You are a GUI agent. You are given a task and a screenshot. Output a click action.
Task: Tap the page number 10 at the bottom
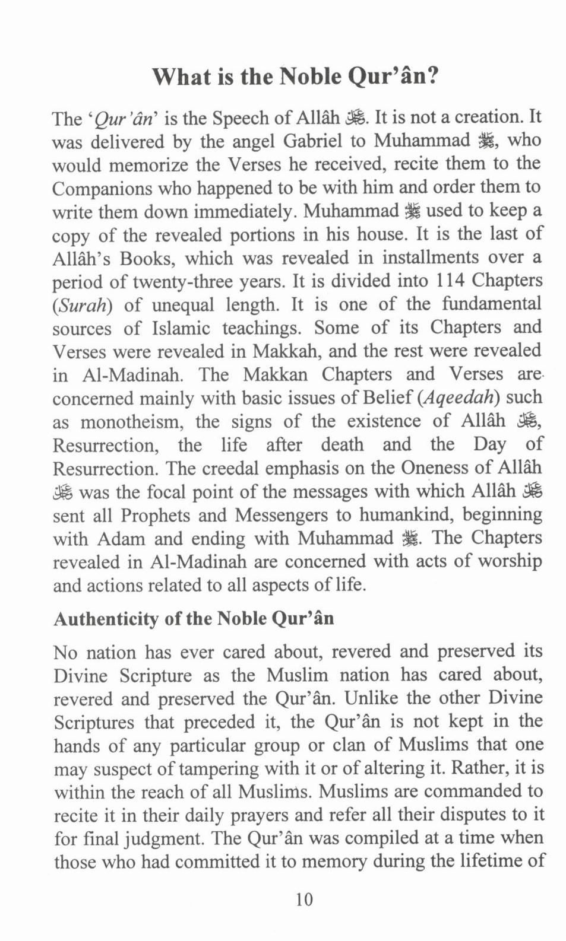(x=303, y=899)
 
